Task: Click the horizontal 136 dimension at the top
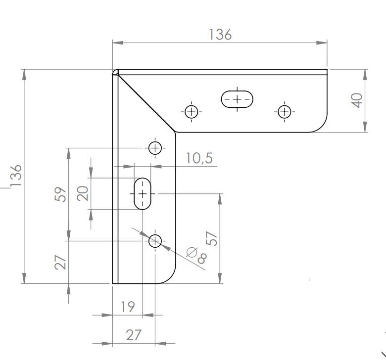point(220,35)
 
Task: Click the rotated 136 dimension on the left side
point(16,176)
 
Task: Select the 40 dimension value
point(357,100)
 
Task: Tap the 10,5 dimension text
point(199,158)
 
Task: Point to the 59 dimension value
point(60,194)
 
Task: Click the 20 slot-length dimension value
point(83,193)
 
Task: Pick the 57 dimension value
point(212,238)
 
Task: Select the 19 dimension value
point(128,307)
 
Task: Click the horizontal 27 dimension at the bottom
point(134,335)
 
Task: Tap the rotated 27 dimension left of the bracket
point(60,262)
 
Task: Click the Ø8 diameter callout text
point(196,255)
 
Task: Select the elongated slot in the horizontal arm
point(237,99)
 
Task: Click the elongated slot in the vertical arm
point(143,194)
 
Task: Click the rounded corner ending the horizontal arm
point(322,127)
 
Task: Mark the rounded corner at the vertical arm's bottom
point(170,278)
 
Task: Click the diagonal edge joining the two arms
point(146,103)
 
